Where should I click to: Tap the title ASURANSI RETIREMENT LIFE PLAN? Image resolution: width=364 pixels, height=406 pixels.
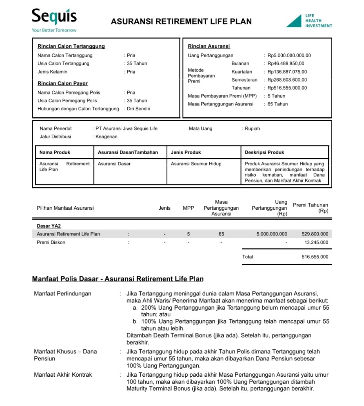tap(181, 21)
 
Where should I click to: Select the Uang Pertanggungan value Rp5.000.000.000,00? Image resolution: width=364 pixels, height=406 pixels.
tap(289, 56)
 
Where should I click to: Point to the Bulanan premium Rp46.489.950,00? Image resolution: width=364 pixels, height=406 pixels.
tap(286, 63)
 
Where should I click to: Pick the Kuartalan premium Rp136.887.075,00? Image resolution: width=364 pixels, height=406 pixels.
tap(287, 72)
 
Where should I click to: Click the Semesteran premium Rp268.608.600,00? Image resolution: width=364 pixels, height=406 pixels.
tap(287, 80)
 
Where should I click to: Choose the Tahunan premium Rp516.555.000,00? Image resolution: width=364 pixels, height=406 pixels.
tap(287, 88)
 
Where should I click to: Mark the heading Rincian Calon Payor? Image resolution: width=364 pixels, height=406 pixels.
tap(63, 83)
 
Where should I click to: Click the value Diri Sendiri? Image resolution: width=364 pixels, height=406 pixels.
tap(138, 109)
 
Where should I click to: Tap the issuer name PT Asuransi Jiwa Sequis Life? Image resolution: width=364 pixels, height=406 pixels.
tap(126, 128)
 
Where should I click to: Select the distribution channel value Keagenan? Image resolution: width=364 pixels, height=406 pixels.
tap(106, 137)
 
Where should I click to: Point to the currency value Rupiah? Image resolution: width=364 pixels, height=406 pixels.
tap(252, 128)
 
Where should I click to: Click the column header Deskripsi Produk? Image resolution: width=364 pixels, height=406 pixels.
tap(264, 152)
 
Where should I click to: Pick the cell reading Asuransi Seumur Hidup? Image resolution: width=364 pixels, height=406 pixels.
tap(196, 164)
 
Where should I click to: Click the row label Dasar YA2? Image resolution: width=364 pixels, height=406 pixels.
tap(49, 226)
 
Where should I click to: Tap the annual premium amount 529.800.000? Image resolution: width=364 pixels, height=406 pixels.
tap(315, 234)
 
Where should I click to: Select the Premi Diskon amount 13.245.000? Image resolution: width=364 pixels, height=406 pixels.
tap(316, 242)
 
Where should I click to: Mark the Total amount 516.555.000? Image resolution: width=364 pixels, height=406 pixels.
tap(315, 257)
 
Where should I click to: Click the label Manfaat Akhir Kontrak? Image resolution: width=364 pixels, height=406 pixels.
tap(63, 375)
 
